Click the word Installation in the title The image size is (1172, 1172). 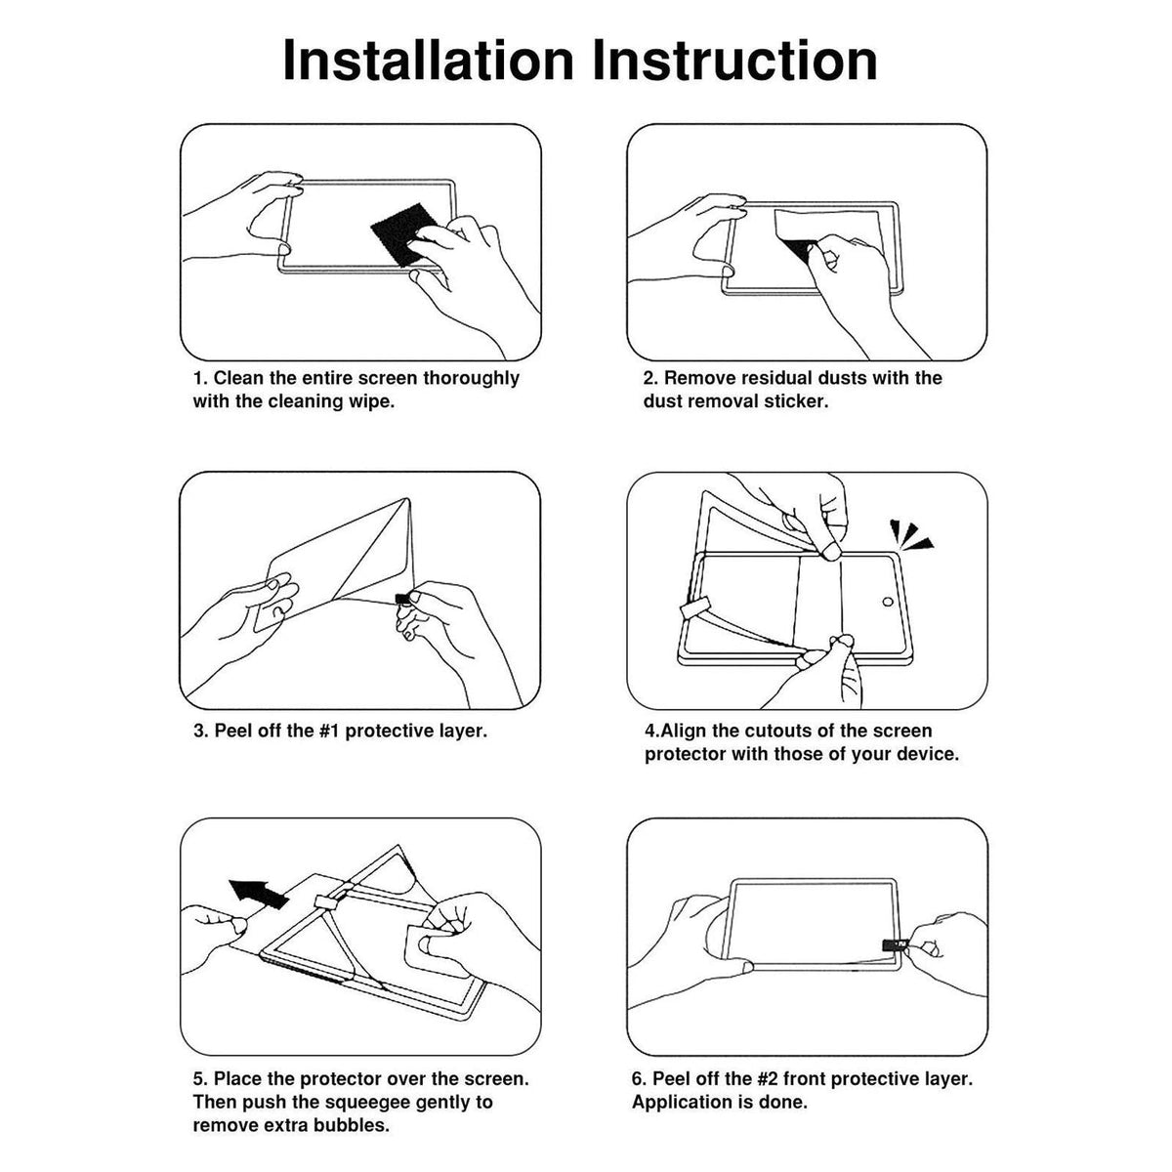tap(428, 61)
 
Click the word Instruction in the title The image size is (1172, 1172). tap(734, 61)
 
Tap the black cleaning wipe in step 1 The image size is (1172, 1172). tap(398, 233)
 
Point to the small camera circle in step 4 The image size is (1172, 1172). tap(888, 603)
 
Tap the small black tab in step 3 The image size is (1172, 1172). tap(402, 600)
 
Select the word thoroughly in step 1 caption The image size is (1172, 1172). tap(472, 378)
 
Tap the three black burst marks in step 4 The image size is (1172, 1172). tap(910, 536)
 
